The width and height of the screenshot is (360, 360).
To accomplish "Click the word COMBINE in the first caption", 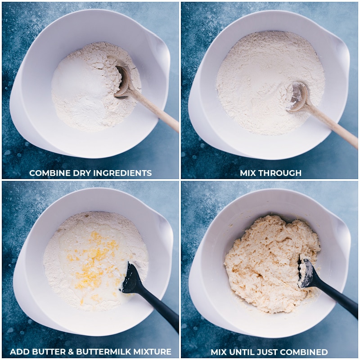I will pyautogui.click(x=49, y=173).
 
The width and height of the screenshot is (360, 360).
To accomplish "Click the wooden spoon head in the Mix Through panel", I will pyautogui.click(x=298, y=96).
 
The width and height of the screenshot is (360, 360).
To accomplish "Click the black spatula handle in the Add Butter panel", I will pyautogui.click(x=162, y=310).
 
